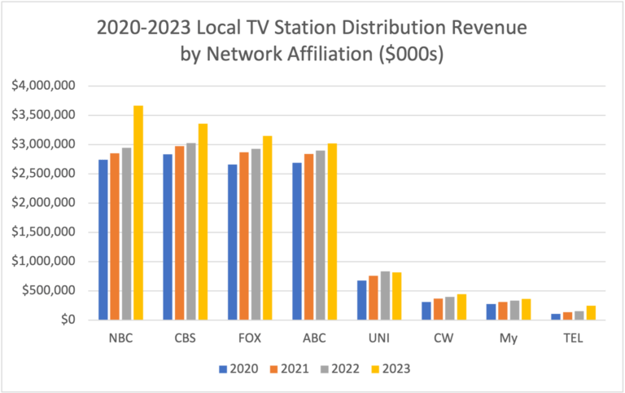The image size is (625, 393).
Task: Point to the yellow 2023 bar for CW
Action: [461, 307]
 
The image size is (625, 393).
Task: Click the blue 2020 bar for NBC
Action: [103, 240]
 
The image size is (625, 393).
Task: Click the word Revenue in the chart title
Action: [486, 29]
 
